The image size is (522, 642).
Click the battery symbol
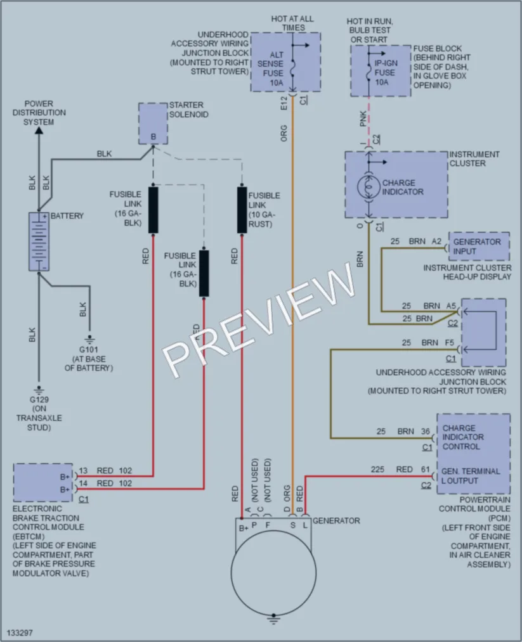point(39,241)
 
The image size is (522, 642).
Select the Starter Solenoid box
point(153,124)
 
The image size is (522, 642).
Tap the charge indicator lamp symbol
point(369,188)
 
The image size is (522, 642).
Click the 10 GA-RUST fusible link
point(242,210)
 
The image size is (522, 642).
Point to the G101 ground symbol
point(89,340)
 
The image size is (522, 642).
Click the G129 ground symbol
point(39,390)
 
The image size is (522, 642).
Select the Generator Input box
point(479,247)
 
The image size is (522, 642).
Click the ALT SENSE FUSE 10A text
point(271,68)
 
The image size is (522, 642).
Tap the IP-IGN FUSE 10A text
point(386,72)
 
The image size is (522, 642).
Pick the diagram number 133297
point(20,632)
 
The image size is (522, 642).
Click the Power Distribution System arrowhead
point(39,130)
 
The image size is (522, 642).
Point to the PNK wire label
point(363,119)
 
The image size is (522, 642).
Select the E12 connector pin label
point(284,103)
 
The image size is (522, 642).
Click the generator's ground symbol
point(274,619)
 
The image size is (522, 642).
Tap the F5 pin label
point(450,342)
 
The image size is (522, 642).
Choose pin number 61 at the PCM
point(426,469)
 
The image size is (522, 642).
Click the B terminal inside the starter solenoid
point(153,137)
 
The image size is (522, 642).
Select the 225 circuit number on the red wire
point(377,469)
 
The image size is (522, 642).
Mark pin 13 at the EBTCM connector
point(82,470)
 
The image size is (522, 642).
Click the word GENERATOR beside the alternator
point(336,520)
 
